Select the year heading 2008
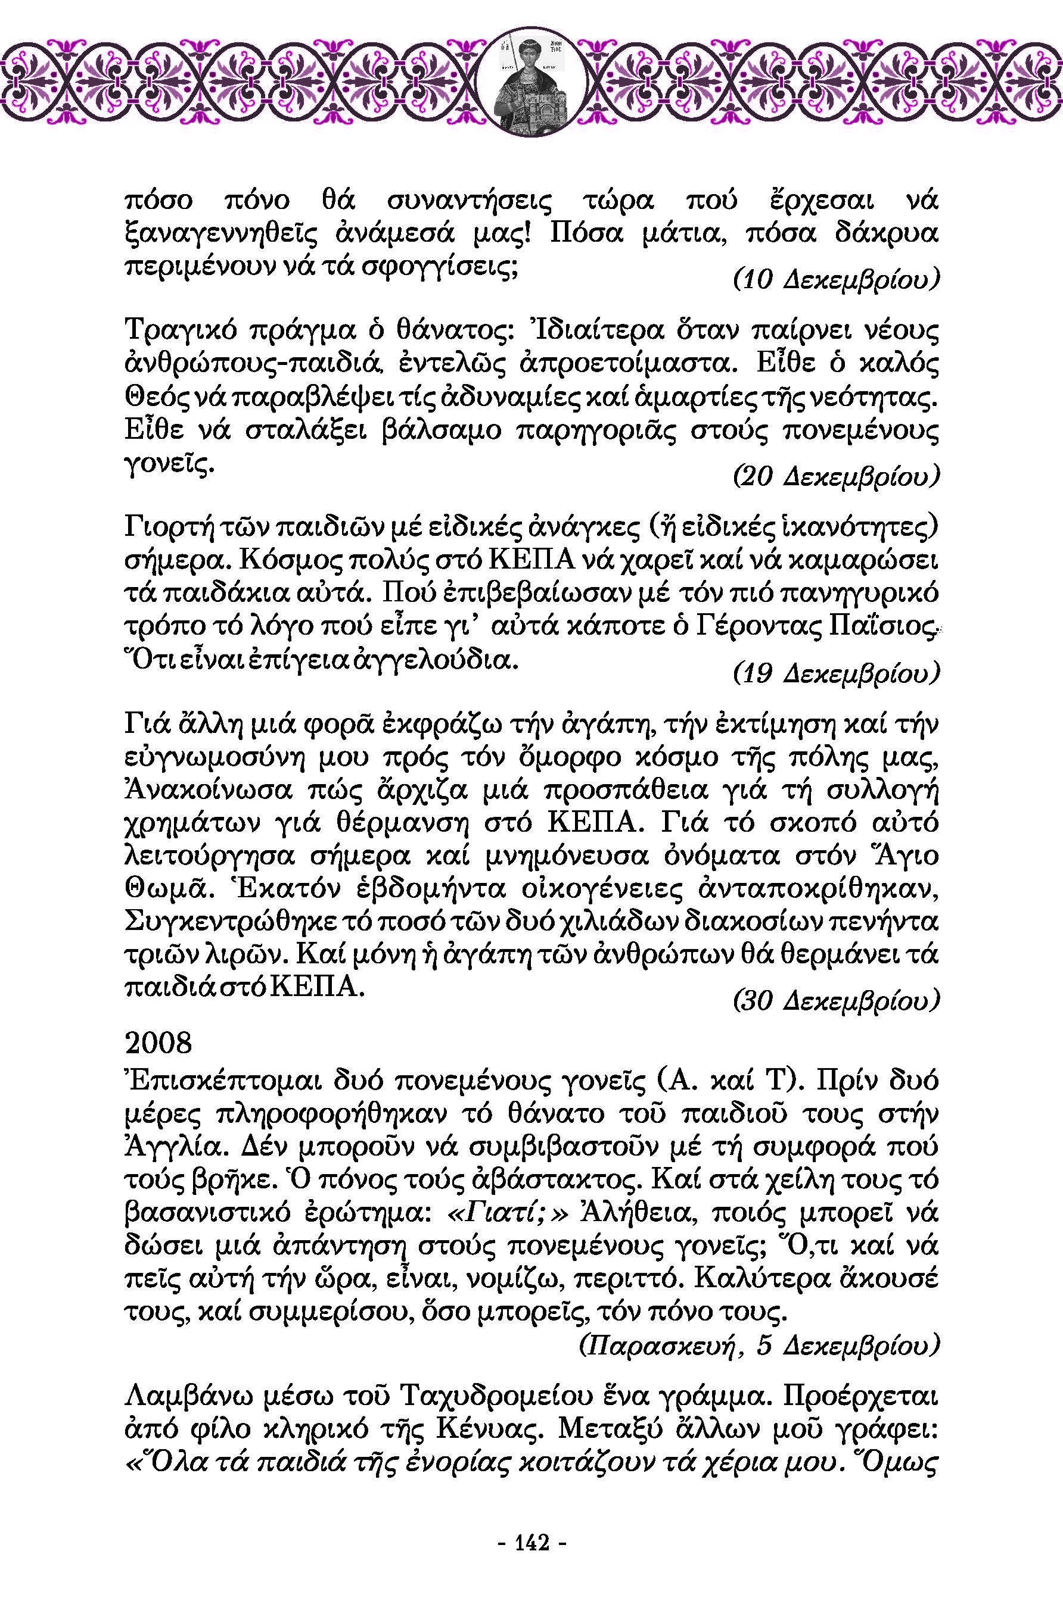tap(159, 1043)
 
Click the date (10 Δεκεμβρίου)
tap(836, 280)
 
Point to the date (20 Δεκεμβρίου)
tap(836, 477)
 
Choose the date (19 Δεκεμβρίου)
tap(836, 674)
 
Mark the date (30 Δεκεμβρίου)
tap(836, 1000)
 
